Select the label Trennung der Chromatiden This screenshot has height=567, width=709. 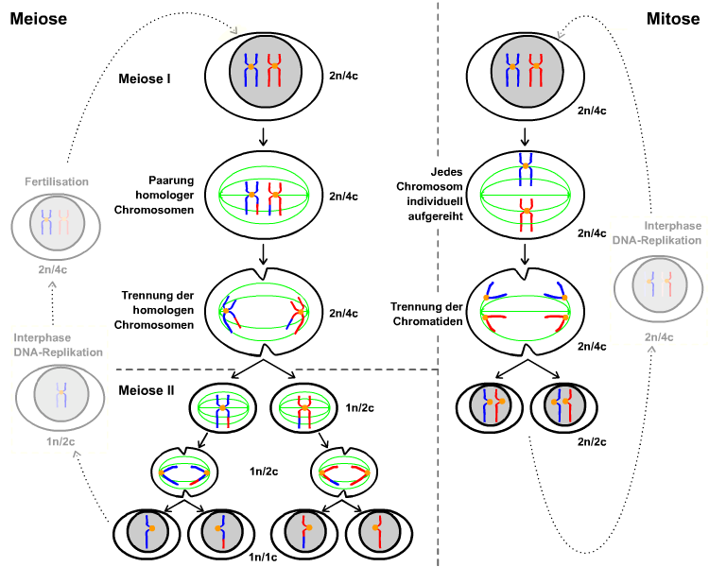[x=425, y=313]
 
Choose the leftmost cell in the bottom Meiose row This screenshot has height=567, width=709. [x=148, y=533]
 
